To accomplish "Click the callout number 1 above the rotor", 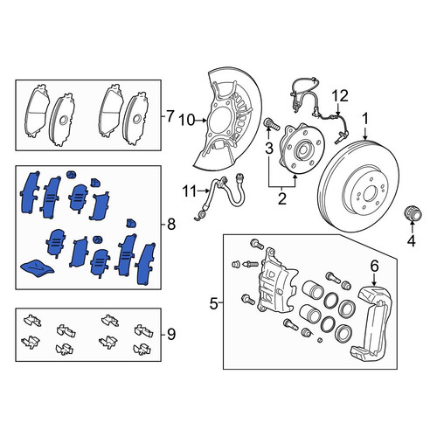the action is (365, 119).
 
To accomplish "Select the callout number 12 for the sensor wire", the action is (340, 95).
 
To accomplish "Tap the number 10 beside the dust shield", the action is (187, 120).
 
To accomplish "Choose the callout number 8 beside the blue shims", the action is (171, 225).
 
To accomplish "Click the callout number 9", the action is (171, 334).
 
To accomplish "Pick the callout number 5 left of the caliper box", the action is (214, 304).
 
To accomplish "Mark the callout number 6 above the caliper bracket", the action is (374, 266).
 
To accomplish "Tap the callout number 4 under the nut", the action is (411, 240).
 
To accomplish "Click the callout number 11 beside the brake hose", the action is (190, 191).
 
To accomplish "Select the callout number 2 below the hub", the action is (282, 199).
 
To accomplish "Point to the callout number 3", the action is (268, 148).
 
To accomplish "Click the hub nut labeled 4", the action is (413, 215).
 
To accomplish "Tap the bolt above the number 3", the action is (271, 124).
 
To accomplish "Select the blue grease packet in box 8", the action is (38, 267).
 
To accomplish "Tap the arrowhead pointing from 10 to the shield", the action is (205, 120).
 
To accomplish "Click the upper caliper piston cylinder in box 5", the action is (314, 289).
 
